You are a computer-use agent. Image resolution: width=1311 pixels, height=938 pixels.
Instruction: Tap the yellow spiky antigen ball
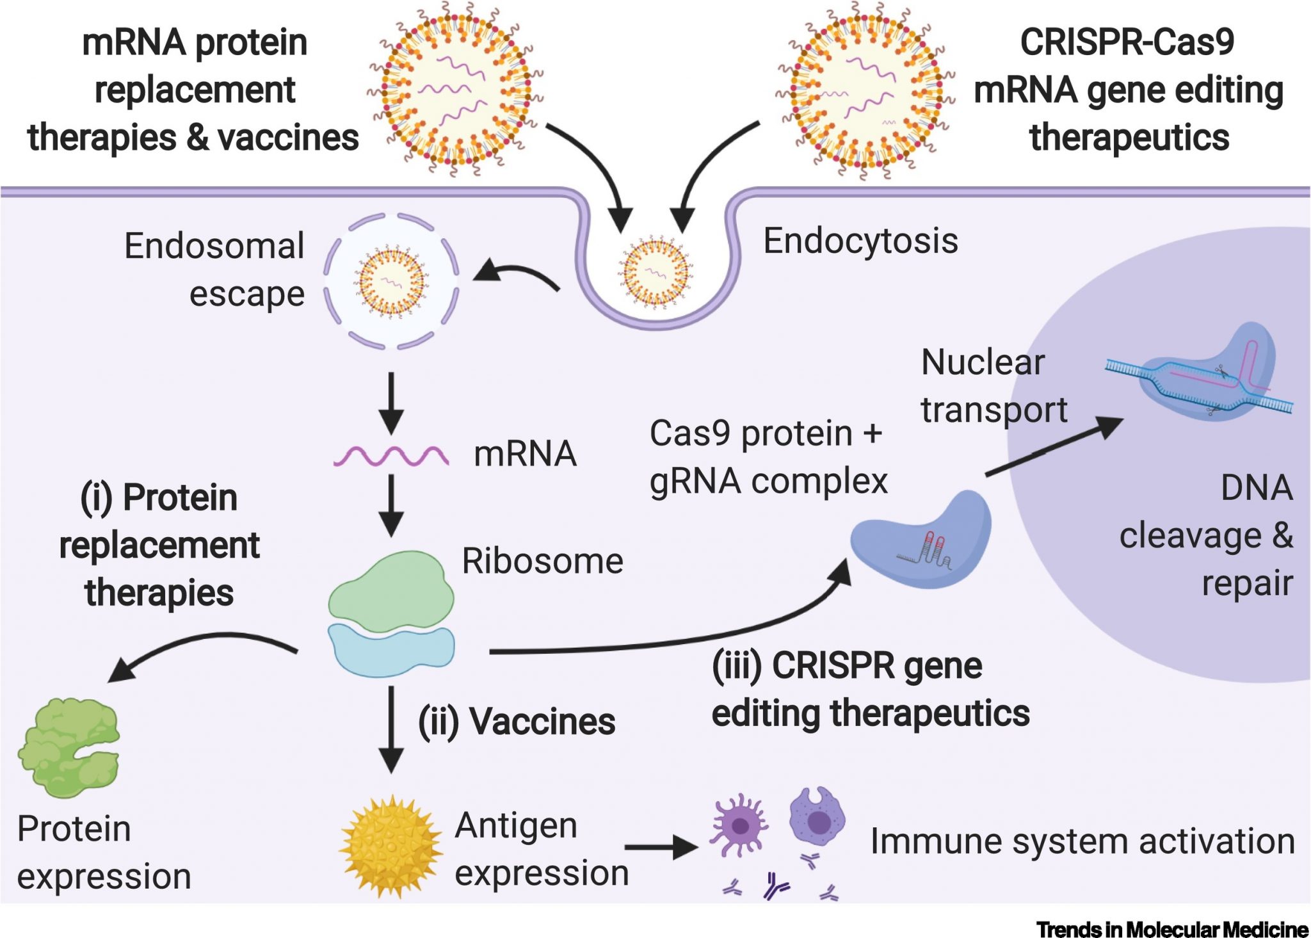(x=390, y=846)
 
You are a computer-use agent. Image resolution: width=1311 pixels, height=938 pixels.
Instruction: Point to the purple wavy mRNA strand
(x=390, y=456)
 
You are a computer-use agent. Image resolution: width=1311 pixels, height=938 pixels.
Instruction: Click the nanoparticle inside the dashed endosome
(x=391, y=281)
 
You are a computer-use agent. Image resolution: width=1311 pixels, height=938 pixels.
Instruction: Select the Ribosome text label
(x=542, y=562)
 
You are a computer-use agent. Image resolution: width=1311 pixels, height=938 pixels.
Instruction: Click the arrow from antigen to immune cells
(x=661, y=848)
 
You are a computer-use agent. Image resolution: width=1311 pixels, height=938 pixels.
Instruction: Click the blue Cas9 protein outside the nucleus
(x=922, y=540)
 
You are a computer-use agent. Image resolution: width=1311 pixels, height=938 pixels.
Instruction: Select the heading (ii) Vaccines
(x=517, y=722)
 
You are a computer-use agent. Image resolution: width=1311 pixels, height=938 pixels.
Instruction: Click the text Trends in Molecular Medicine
(x=1172, y=928)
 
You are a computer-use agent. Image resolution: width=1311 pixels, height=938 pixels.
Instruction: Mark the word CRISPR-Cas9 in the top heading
(x=1127, y=43)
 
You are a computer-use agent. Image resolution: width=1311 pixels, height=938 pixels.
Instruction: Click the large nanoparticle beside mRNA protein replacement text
(x=456, y=90)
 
